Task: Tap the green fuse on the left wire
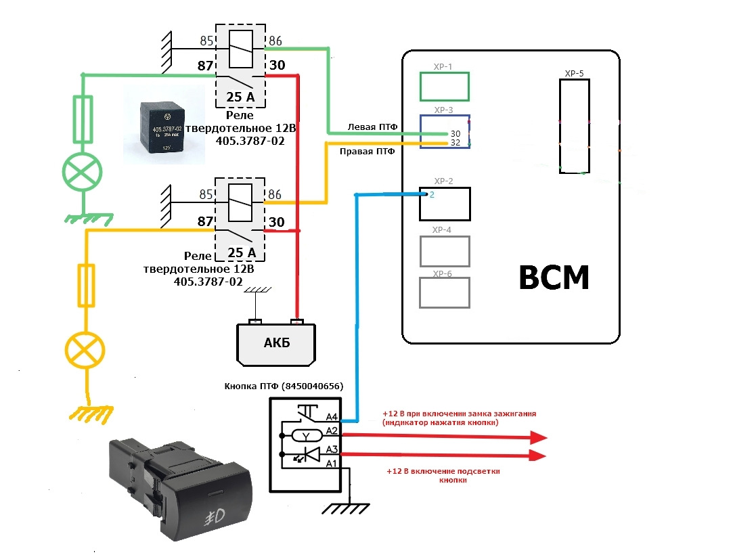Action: [x=83, y=119]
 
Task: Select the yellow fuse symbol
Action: [x=86, y=286]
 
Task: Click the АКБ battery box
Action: [x=275, y=342]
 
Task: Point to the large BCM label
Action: [x=554, y=277]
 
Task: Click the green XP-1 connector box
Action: [x=444, y=87]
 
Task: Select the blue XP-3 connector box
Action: [x=444, y=131]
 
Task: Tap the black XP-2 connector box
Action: [x=444, y=204]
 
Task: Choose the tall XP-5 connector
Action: [x=574, y=126]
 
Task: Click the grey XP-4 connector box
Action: [x=444, y=251]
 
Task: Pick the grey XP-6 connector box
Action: [x=444, y=292]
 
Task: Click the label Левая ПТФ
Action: [x=372, y=127]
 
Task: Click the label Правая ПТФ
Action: [x=367, y=152]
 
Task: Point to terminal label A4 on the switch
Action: [x=332, y=418]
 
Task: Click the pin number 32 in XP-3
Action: [x=456, y=143]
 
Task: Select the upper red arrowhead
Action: [x=537, y=437]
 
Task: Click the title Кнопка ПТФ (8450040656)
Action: [x=284, y=386]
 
